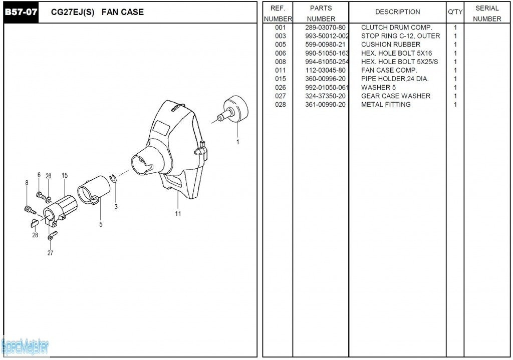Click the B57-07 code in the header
coord(21,12)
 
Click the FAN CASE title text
coord(122,12)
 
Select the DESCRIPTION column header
coord(397,12)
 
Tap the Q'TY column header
coord(455,12)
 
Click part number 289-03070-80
coord(325,28)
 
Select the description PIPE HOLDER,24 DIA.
coord(395,79)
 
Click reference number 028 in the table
coord(281,104)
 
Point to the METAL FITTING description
coord(386,104)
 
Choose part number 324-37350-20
coord(325,96)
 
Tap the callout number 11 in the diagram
coord(178,214)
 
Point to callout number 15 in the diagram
coord(65,175)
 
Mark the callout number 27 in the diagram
coord(50,253)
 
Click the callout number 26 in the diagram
coord(49,176)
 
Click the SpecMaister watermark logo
coord(25,345)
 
